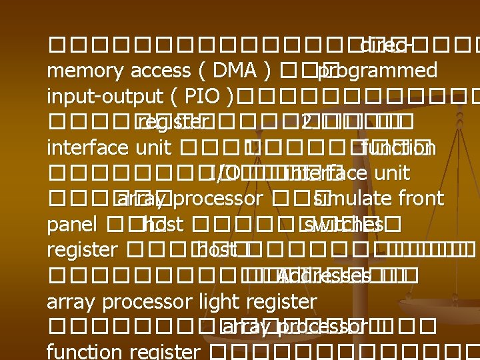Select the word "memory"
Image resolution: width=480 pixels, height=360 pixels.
pos(79,71)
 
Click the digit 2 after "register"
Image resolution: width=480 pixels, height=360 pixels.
pos(305,123)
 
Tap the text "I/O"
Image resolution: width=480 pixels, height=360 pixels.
pos(224,174)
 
